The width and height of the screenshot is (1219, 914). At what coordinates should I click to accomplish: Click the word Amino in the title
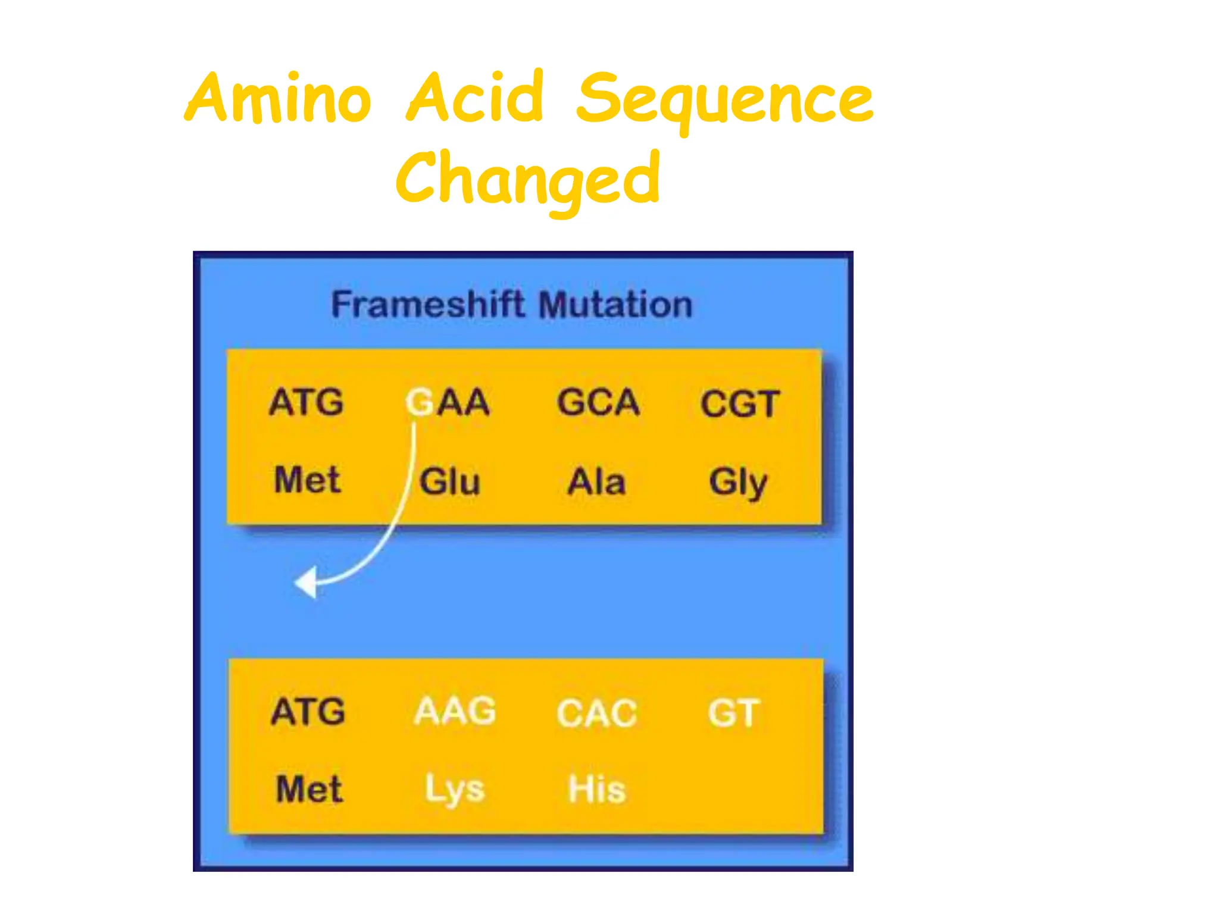(x=279, y=98)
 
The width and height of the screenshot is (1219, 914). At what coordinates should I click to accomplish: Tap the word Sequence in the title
(x=724, y=100)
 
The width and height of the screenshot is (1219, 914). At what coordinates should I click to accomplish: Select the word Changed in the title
(x=527, y=179)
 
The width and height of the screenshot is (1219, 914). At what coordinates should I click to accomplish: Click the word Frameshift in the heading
(x=427, y=305)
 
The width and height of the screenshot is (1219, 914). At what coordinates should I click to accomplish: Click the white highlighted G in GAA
(x=420, y=402)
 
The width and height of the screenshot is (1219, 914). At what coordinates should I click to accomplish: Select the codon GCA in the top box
(x=598, y=402)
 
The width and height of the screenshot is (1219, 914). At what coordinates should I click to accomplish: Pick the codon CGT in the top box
(x=739, y=404)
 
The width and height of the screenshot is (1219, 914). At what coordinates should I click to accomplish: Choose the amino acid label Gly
(x=738, y=482)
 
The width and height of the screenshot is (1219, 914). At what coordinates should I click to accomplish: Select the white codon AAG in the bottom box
(x=455, y=711)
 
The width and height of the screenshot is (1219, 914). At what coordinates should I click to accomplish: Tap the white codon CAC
(x=596, y=713)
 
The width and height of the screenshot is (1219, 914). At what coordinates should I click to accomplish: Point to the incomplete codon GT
(x=733, y=713)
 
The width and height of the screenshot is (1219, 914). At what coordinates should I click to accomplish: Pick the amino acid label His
(x=596, y=789)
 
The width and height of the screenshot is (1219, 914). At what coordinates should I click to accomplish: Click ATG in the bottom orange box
(x=308, y=712)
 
